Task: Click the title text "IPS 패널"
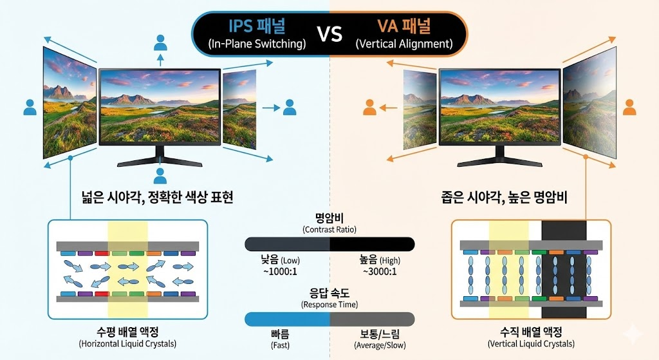(x=257, y=26)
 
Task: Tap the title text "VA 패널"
(x=404, y=26)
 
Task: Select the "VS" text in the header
(x=329, y=34)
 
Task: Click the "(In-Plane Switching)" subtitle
(x=257, y=44)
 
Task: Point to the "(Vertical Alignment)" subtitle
(x=404, y=44)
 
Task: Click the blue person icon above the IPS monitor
(x=160, y=44)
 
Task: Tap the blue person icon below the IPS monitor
(x=160, y=176)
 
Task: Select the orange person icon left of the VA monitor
(x=369, y=107)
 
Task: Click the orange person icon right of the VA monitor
(x=629, y=107)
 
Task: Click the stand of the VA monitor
(x=499, y=157)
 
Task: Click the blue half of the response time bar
(x=288, y=319)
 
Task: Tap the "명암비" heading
(x=329, y=217)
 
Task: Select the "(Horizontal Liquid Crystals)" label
(x=127, y=344)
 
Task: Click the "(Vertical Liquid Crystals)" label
(x=531, y=344)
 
